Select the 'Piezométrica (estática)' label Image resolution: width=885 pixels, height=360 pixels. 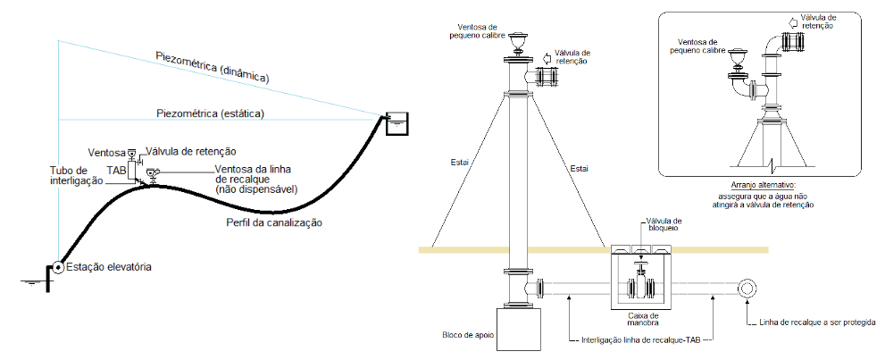(x=210, y=113)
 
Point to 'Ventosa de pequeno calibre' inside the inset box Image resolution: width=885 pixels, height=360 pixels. (x=697, y=46)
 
